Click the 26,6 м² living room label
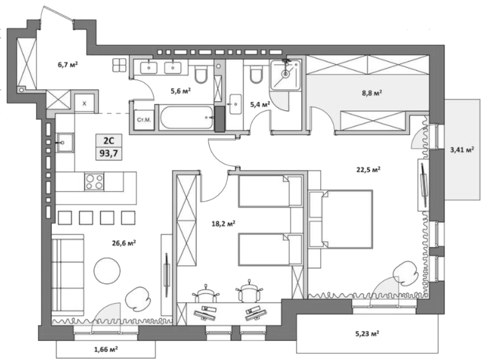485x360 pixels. tap(124, 243)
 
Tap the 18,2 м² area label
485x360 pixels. tap(223, 224)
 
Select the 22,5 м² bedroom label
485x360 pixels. tap(368, 170)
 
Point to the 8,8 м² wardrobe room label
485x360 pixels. tap(372, 93)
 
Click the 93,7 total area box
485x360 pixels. tap(109, 153)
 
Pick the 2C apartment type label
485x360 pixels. tap(109, 140)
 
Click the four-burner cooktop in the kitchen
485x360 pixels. tap(94, 182)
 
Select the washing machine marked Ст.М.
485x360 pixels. tap(144, 120)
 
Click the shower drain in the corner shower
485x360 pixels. tap(285, 73)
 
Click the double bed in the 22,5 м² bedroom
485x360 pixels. tap(348, 219)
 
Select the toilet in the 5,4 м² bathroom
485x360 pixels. tap(255, 75)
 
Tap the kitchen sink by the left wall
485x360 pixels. tap(65, 142)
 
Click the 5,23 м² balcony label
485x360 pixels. tap(367, 334)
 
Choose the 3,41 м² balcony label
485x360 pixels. tap(462, 149)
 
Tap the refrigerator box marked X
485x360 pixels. tap(84, 103)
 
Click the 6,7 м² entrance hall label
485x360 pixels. tap(68, 65)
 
